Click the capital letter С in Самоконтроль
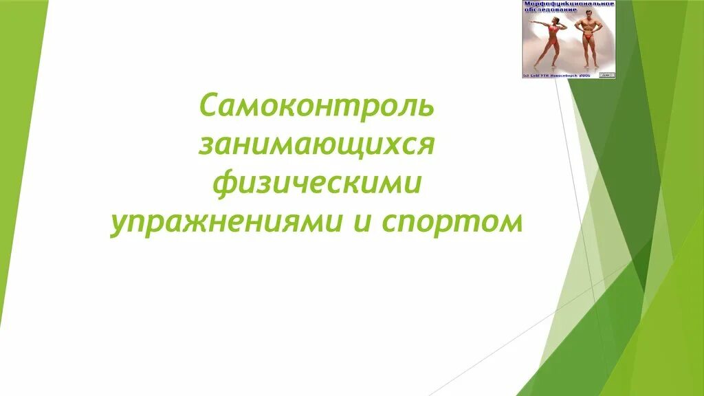pyautogui.click(x=208, y=107)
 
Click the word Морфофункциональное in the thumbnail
pyautogui.click(x=569, y=4)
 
